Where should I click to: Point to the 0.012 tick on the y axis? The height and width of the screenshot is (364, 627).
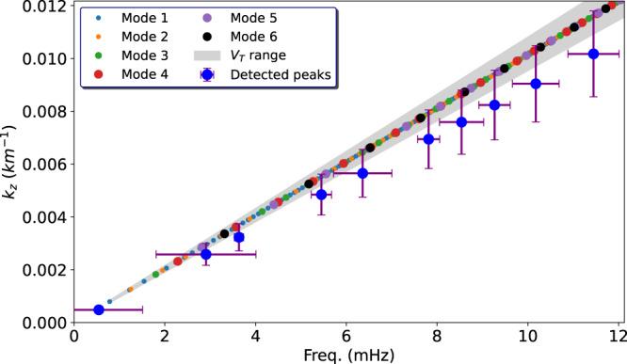[42, 6]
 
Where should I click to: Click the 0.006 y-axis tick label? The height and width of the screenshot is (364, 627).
[42, 164]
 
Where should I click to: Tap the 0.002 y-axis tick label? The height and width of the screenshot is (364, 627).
[42, 270]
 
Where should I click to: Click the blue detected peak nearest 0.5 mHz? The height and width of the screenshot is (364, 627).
[99, 309]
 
